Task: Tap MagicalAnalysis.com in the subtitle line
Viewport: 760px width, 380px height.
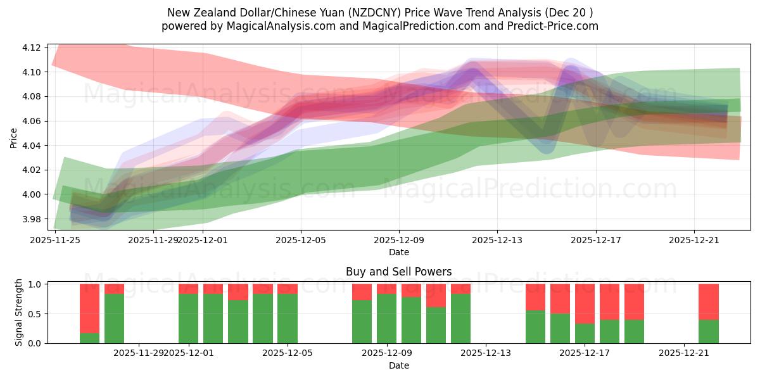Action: tap(289, 26)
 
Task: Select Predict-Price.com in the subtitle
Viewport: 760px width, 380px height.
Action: tap(547, 26)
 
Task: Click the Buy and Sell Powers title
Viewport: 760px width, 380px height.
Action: tap(398, 272)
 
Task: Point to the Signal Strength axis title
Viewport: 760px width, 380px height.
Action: tap(19, 312)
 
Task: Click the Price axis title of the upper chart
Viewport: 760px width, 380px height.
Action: tap(14, 137)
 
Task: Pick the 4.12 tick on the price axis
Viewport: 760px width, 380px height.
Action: tap(32, 48)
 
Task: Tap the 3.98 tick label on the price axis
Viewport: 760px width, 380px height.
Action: tap(32, 219)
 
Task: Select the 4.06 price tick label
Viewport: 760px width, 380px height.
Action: tap(32, 121)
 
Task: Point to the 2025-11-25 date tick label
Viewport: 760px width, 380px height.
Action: tap(55, 239)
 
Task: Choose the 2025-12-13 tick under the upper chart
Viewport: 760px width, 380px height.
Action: tap(497, 239)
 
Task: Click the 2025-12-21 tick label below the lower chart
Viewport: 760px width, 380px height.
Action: tap(684, 353)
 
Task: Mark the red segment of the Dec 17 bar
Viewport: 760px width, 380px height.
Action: tap(585, 303)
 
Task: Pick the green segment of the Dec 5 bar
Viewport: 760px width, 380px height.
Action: tap(288, 318)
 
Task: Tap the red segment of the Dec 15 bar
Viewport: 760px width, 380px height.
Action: tap(535, 297)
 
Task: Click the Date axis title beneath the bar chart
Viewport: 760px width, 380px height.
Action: tap(398, 365)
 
